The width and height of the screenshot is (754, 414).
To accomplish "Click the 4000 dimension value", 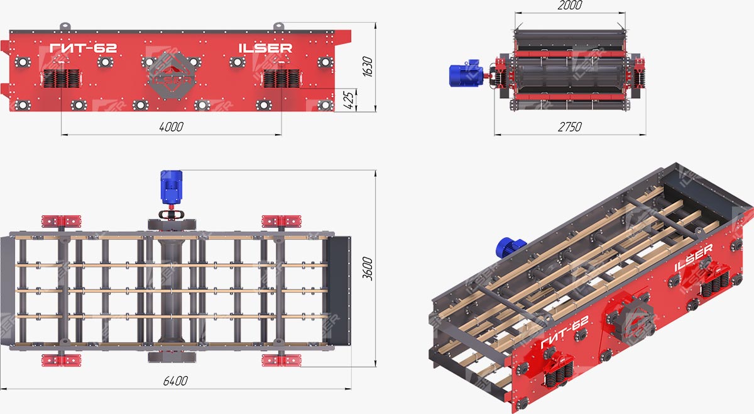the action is (x=172, y=126).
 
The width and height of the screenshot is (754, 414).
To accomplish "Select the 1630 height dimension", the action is (x=368, y=67).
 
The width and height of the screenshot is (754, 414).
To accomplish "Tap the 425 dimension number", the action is (x=350, y=100).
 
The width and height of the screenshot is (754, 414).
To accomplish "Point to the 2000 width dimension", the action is (x=569, y=6).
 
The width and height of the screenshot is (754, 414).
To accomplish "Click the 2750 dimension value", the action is (x=569, y=126).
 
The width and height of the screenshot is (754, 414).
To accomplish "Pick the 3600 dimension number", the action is (x=368, y=269).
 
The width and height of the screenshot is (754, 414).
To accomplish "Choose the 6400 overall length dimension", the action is (x=175, y=381).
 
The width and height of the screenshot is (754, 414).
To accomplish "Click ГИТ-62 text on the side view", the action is (x=83, y=48).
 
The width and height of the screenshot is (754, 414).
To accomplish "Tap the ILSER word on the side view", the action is (x=265, y=48).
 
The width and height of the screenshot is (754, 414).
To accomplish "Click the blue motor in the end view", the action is (x=466, y=73).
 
